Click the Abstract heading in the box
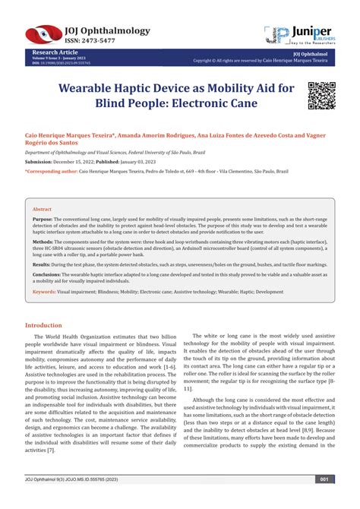point(43,208)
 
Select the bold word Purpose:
point(43,218)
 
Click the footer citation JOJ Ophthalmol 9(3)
point(49,501)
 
